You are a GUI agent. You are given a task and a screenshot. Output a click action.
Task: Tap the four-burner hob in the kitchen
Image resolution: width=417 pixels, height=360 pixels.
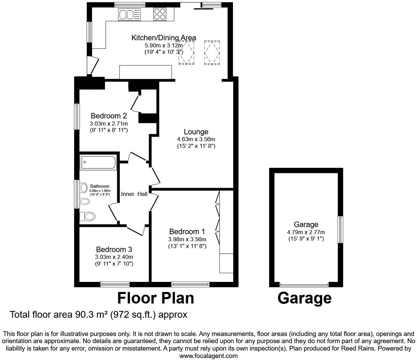160,14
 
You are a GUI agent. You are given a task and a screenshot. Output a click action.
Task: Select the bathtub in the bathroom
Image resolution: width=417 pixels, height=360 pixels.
98,162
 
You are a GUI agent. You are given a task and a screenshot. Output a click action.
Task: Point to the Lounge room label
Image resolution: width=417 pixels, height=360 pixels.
196,132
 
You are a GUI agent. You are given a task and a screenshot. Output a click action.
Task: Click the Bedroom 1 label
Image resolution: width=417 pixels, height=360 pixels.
187,232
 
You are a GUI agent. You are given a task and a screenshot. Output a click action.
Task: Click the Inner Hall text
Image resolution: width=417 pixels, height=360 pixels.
134,194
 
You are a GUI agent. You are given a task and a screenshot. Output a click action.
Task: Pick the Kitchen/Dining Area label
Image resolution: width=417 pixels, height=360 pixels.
163,38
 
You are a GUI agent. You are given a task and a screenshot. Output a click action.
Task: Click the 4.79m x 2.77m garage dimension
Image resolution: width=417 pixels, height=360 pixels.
306,232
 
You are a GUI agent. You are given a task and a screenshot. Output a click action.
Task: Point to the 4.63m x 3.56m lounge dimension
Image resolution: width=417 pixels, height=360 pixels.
196,139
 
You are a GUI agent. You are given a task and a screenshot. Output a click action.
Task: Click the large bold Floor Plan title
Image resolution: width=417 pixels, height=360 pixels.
156,298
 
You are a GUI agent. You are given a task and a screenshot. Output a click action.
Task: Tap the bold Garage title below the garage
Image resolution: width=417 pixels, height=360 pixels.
304,298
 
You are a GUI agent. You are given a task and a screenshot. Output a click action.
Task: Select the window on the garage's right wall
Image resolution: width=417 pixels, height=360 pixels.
340,229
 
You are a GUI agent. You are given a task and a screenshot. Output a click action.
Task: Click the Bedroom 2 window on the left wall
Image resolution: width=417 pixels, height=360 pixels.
77,116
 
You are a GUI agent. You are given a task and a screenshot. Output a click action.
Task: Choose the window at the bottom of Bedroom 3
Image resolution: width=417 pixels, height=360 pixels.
115,284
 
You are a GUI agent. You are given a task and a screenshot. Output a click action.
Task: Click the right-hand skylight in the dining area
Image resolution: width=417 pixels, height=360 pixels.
212,52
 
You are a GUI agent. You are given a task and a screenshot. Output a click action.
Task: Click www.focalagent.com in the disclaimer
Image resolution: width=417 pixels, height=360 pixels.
208,356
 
